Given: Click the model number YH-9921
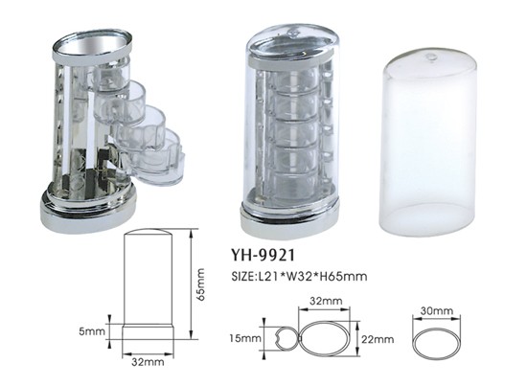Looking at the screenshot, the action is coord(263,256).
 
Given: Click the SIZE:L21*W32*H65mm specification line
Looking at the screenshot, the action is coord(299,277).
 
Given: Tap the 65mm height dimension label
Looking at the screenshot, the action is coord(200,284).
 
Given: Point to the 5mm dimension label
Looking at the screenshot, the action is coord(92,331).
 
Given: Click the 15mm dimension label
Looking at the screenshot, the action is coord(245,338).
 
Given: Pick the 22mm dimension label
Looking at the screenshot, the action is coord(378,339).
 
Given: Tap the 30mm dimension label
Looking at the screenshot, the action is coord(437,310).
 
